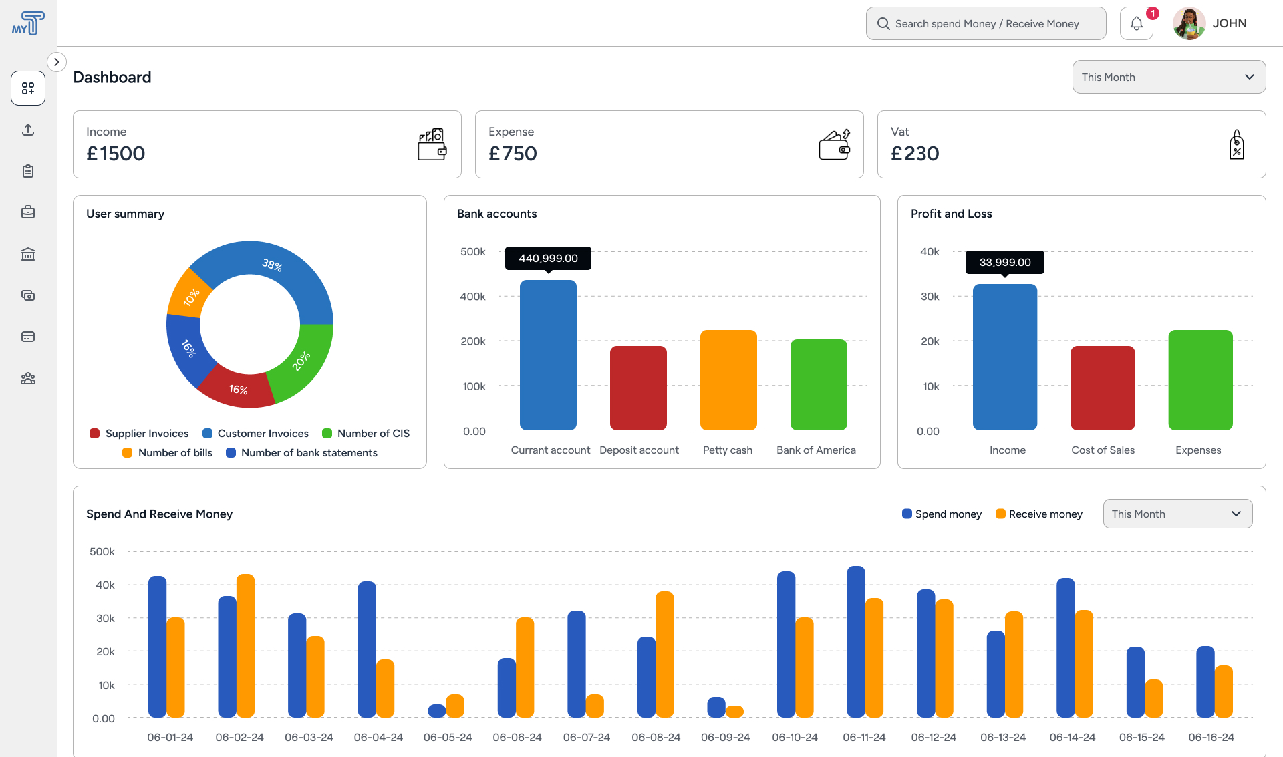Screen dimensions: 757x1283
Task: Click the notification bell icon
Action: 1136,24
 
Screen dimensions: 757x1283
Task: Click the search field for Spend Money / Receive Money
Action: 986,24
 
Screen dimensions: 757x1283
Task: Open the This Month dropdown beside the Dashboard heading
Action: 1169,78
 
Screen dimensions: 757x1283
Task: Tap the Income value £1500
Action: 116,154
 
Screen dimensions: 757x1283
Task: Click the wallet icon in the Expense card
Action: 835,144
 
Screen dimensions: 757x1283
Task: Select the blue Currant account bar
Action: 548,355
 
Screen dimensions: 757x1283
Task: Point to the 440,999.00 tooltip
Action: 548,258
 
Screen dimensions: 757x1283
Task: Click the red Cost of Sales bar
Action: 1103,388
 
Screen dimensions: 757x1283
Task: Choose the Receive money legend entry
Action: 1039,514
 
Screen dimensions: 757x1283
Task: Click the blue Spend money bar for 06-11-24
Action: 856,641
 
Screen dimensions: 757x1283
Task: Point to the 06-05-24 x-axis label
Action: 448,738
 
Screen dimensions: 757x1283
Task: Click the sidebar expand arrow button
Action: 57,62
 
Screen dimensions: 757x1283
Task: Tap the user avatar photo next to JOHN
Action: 1189,24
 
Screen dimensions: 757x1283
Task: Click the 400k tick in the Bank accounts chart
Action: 472,297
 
